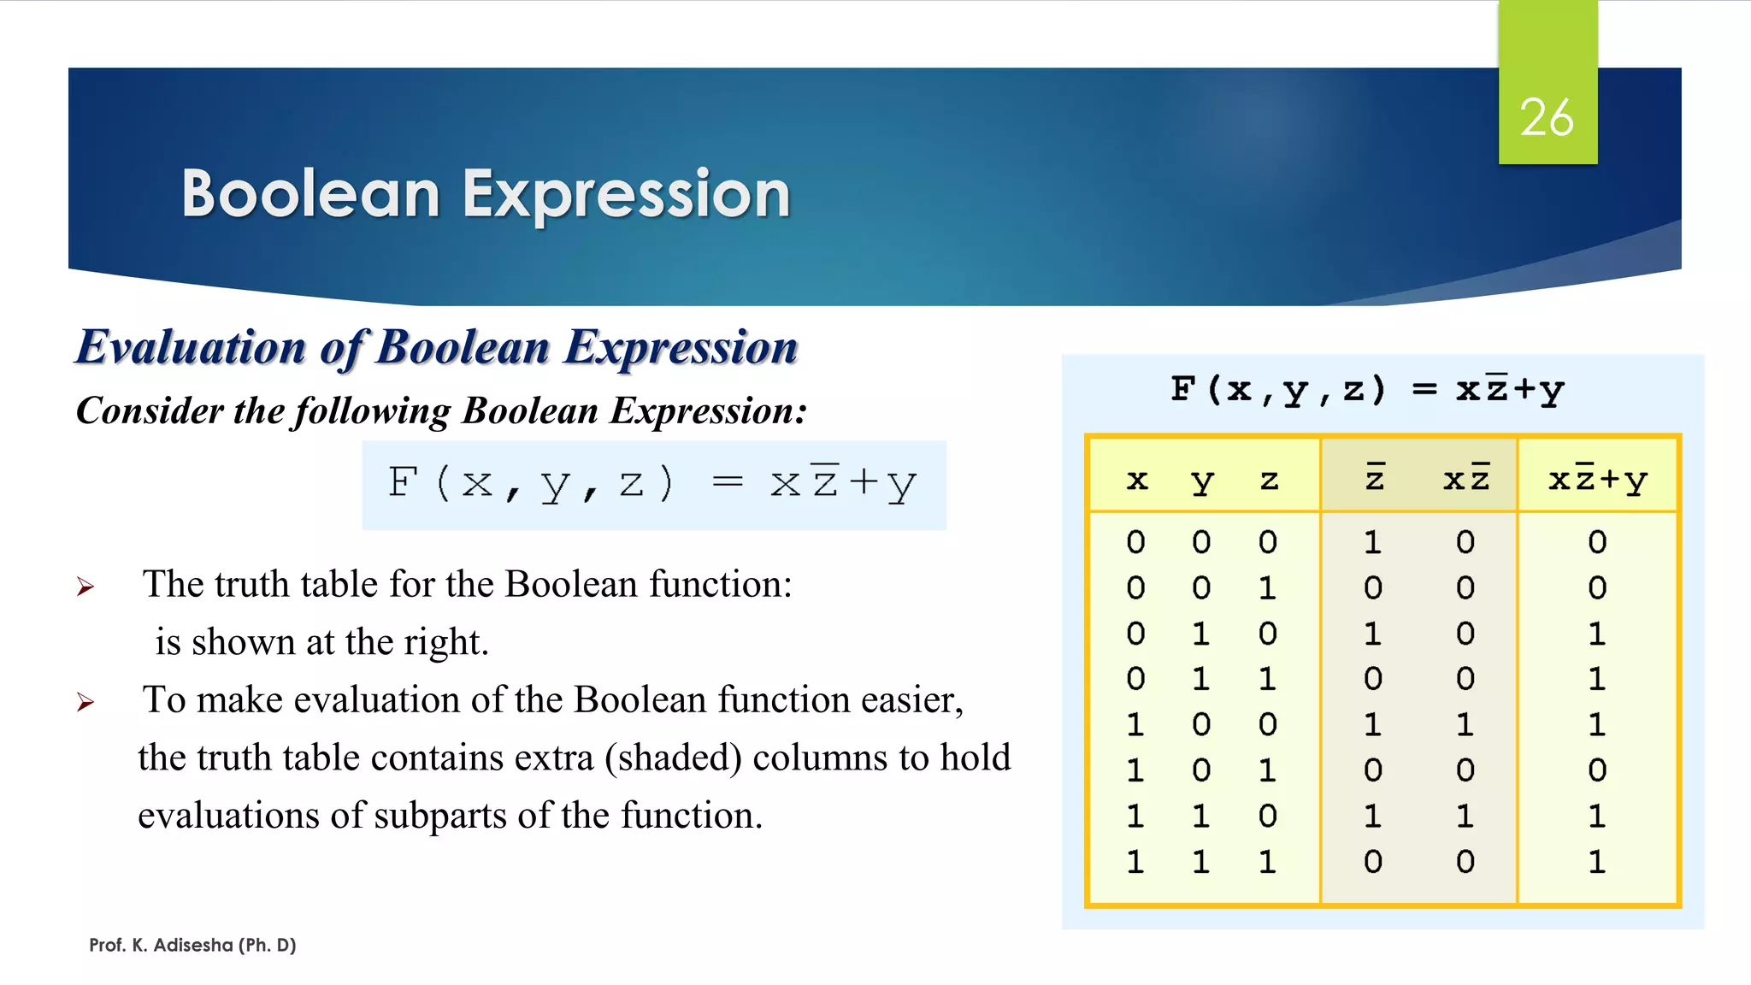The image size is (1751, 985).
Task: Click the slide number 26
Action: (x=1546, y=117)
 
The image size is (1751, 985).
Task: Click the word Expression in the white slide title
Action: (x=626, y=194)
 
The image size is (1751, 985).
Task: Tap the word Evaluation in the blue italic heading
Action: (x=191, y=347)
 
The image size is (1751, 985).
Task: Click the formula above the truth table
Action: (x=1367, y=390)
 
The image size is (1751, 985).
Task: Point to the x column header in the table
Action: (x=1136, y=480)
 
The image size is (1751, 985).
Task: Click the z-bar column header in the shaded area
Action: (x=1374, y=478)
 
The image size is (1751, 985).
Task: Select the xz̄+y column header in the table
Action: (x=1597, y=480)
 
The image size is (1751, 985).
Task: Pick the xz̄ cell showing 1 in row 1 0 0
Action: (x=1465, y=725)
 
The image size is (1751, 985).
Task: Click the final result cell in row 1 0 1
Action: (x=1597, y=770)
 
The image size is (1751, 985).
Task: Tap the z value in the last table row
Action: (x=1267, y=862)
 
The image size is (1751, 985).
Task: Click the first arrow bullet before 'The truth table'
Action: (x=85, y=587)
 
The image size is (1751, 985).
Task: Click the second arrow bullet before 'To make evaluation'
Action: (x=85, y=702)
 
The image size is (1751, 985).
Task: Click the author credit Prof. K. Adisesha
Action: (x=192, y=945)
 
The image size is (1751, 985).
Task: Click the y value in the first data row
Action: (x=1201, y=542)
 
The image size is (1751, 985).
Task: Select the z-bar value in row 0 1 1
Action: (x=1372, y=679)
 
